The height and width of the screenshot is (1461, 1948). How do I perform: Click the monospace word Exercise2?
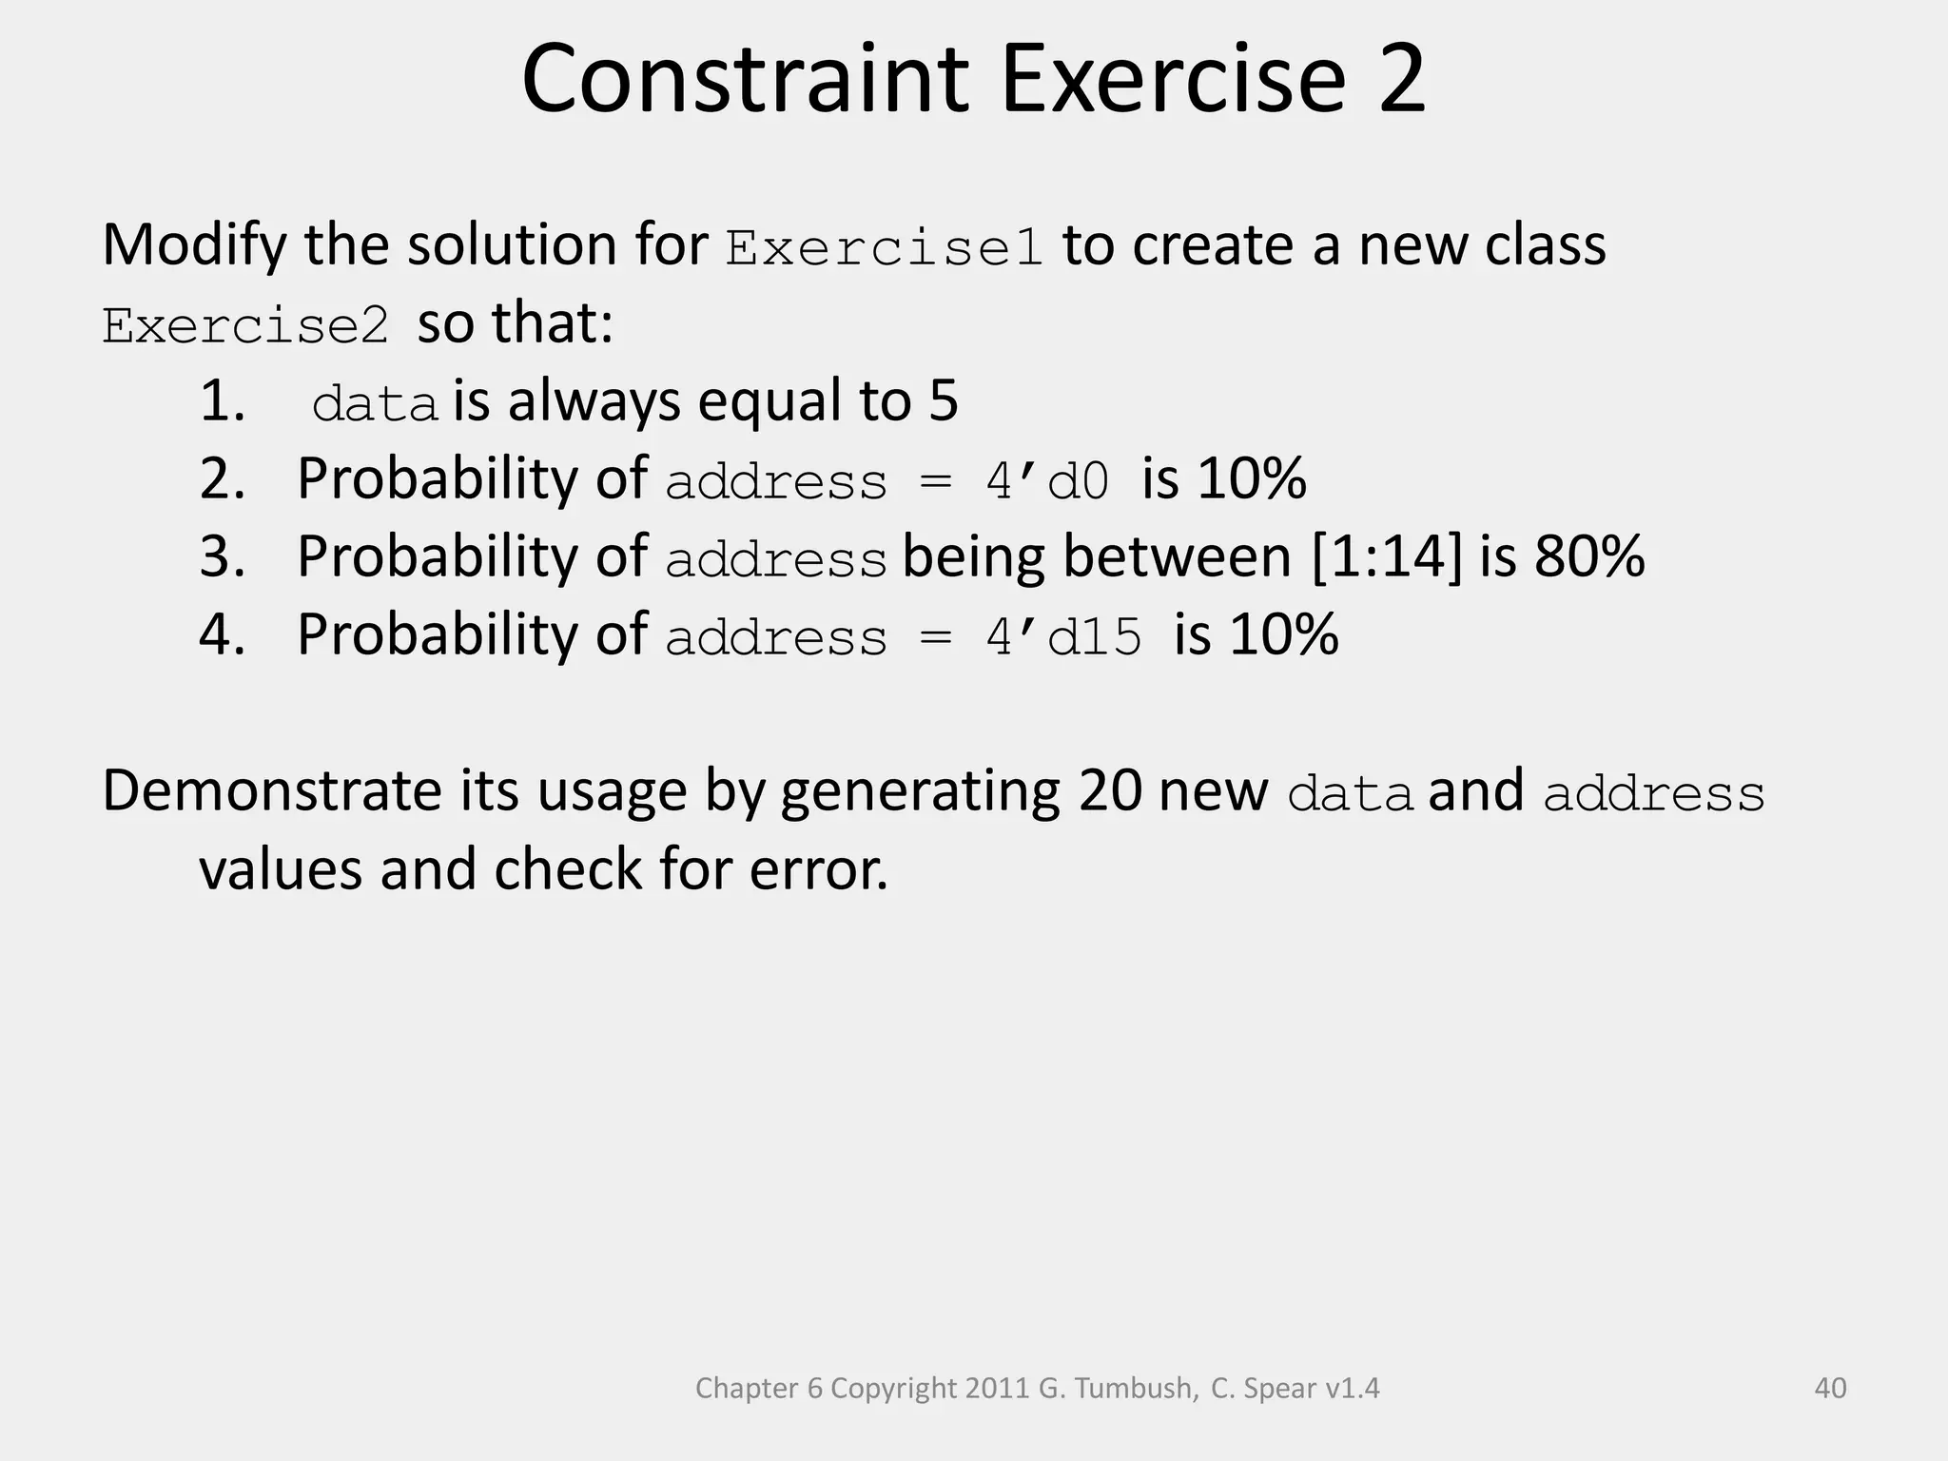pos(245,326)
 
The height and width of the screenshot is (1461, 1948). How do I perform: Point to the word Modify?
pos(194,245)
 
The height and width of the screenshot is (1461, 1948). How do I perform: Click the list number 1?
pos(222,400)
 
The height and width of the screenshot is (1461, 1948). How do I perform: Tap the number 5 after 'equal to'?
pos(943,400)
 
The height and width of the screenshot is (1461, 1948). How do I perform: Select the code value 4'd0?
pos(1047,480)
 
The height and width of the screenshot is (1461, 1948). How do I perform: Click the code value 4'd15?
pos(1062,636)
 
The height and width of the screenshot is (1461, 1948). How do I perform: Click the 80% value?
pos(1588,556)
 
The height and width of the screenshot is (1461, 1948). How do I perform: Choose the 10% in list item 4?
pos(1283,634)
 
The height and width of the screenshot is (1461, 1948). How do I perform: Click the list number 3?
pos(222,556)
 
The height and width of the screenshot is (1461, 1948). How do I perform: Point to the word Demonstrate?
pos(272,790)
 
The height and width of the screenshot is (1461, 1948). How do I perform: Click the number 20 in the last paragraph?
pos(1109,790)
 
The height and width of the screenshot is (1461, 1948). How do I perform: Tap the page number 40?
pos(1830,1388)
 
